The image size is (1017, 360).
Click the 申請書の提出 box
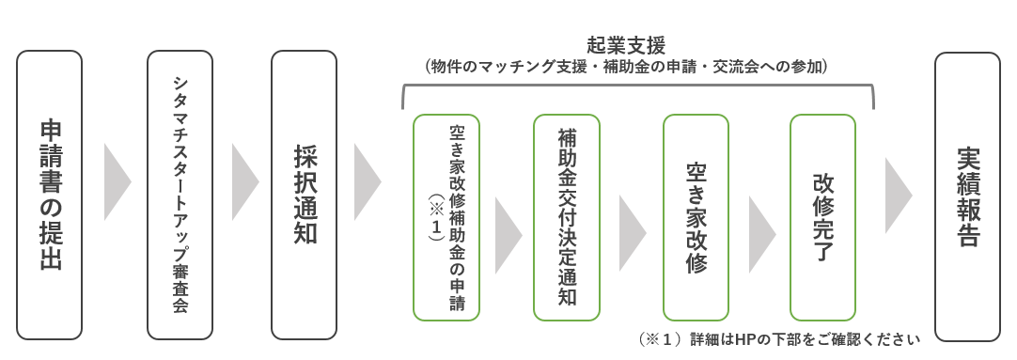click(50, 195)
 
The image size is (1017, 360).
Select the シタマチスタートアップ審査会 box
click(180, 195)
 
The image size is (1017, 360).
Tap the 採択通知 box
click(304, 195)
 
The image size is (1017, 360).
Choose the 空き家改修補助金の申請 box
click(446, 217)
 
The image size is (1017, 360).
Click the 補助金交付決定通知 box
click(567, 217)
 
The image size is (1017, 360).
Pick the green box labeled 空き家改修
click(696, 217)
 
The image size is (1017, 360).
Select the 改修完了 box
click(822, 217)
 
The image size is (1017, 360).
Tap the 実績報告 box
click(967, 196)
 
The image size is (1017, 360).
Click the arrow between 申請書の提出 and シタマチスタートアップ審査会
click(117, 181)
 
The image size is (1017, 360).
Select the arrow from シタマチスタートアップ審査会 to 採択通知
click(244, 181)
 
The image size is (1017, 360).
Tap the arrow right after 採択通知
click(367, 181)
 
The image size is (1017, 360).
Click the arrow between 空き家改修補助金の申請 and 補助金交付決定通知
click(508, 234)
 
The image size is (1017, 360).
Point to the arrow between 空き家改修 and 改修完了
click(760, 234)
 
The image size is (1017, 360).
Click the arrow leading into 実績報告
click(898, 181)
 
